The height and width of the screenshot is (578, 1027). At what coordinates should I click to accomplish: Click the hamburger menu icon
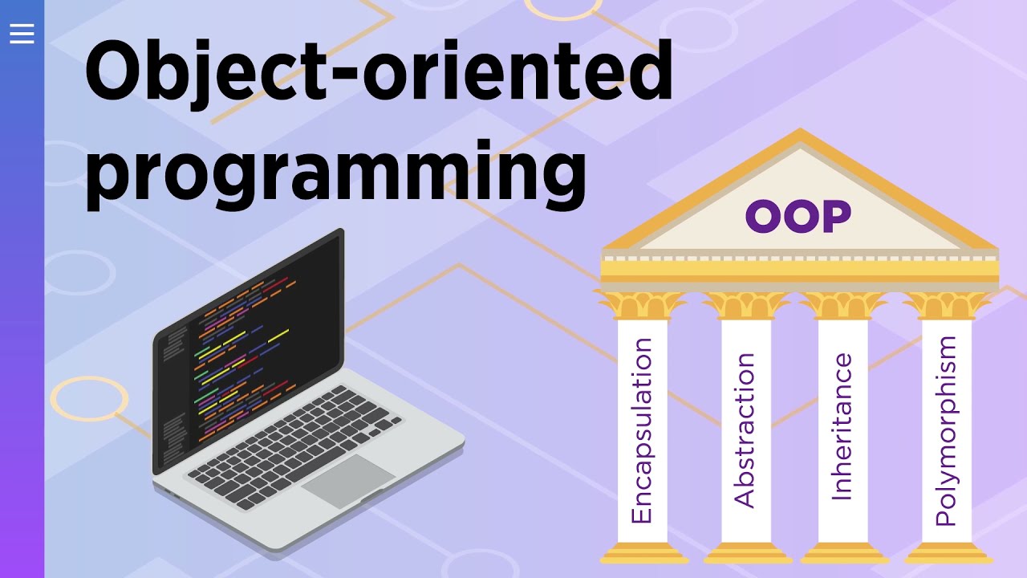(22, 33)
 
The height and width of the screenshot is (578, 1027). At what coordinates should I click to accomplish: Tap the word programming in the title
(335, 170)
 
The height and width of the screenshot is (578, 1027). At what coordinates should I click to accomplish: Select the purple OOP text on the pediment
(798, 216)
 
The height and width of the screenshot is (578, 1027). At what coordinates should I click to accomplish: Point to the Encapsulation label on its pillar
(642, 430)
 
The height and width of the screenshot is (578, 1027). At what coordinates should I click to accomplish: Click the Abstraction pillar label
(745, 430)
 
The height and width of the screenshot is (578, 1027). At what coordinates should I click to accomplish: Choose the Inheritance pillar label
(842, 427)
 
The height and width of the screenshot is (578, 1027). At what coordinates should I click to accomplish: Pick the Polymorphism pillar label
(947, 430)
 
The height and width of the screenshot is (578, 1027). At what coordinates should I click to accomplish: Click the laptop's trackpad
(348, 480)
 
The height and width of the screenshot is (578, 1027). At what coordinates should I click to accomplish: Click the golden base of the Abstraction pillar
(745, 552)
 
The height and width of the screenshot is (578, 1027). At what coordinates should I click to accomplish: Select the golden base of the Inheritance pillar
(842, 552)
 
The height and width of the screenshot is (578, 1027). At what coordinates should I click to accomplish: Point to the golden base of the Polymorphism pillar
(947, 552)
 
